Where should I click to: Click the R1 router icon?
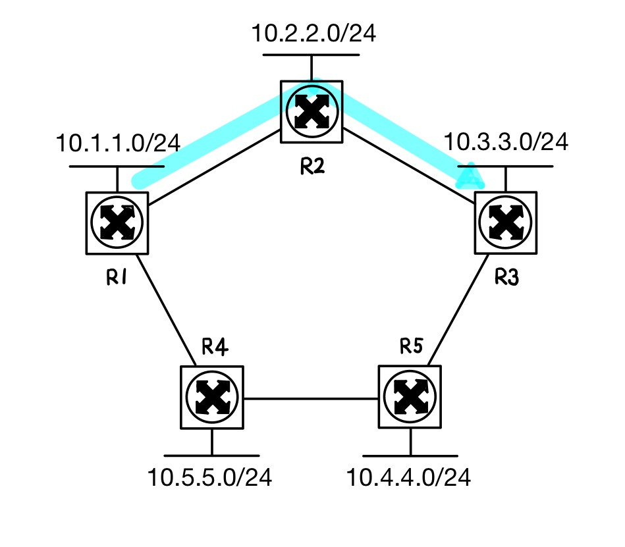[117, 222]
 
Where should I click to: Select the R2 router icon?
[311, 111]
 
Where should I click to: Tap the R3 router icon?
[505, 223]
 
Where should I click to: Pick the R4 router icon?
[211, 397]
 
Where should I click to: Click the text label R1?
[116, 278]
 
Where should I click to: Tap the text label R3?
[506, 278]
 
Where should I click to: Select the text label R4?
[215, 347]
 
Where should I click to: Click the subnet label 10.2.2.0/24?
[313, 33]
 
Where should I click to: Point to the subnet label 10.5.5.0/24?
[210, 478]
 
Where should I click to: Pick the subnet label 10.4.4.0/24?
[410, 478]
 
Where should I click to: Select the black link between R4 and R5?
[310, 398]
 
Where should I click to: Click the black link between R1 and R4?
[168, 310]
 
